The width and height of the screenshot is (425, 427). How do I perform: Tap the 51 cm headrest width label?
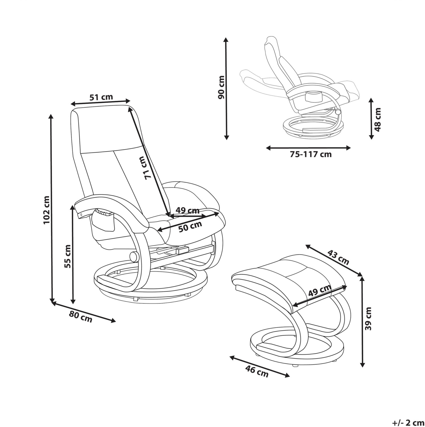click(x=101, y=97)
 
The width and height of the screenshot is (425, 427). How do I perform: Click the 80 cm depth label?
click(x=81, y=317)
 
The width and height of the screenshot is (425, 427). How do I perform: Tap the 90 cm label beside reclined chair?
click(x=221, y=87)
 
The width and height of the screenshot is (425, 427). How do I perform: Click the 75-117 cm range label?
click(x=311, y=154)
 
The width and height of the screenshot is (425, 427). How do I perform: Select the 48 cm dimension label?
click(x=378, y=120)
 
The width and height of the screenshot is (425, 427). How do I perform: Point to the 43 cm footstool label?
click(x=338, y=257)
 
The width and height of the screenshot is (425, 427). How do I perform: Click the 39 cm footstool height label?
click(x=369, y=318)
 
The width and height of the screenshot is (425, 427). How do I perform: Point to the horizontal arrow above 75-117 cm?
click(x=308, y=148)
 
